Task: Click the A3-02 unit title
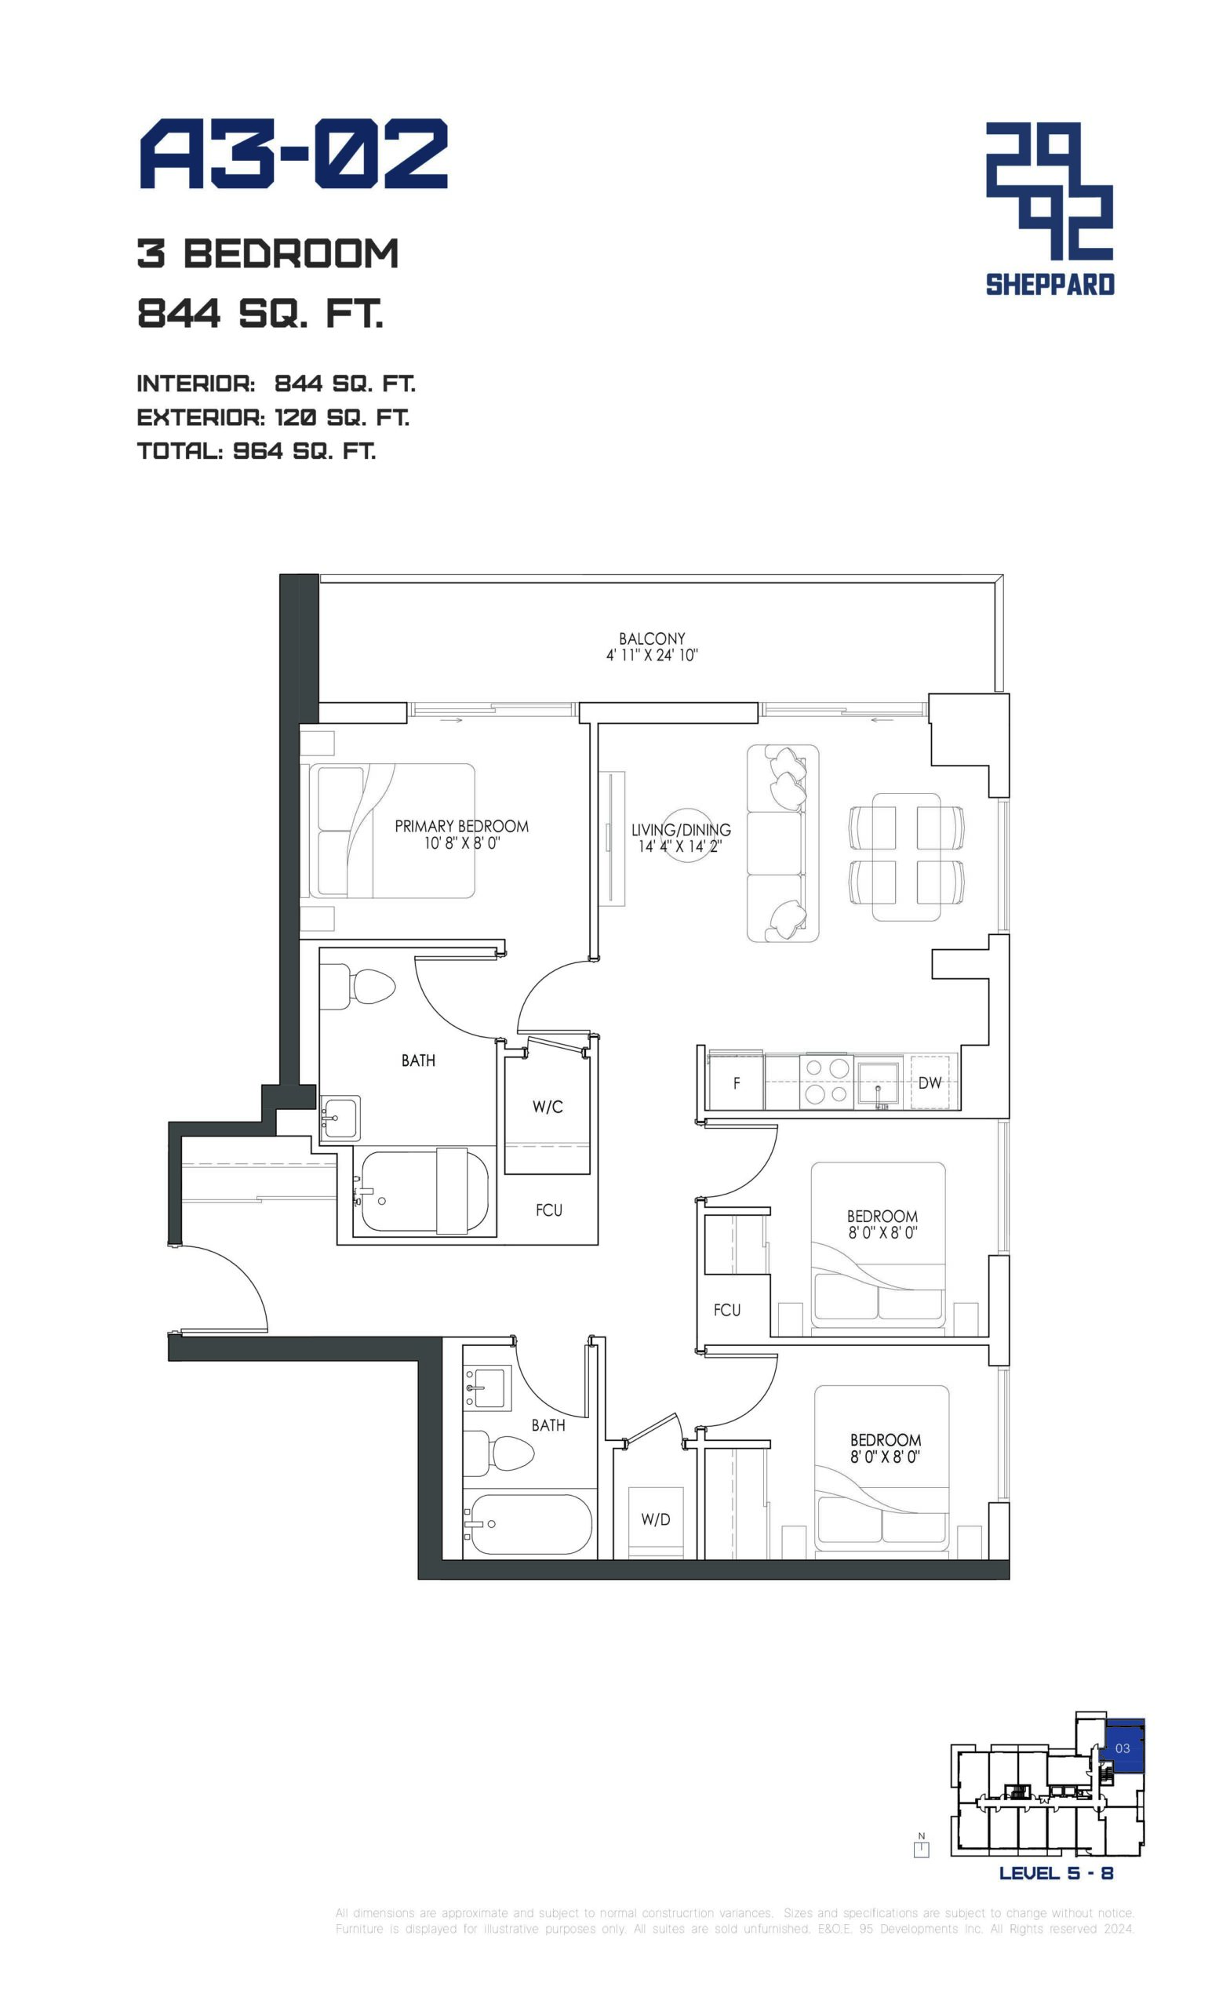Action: point(293,154)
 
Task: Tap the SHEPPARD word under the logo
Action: point(1050,285)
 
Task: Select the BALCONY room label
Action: point(651,639)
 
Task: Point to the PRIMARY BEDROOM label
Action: point(461,827)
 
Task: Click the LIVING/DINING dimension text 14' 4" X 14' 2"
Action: point(679,846)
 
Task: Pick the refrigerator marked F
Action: point(736,1082)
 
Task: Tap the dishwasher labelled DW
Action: point(929,1082)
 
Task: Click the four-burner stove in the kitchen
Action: point(827,1082)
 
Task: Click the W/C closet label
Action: point(548,1107)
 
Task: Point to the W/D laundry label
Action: point(655,1519)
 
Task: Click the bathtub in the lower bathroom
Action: point(527,1524)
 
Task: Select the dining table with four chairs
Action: point(906,857)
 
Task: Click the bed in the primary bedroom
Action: point(392,831)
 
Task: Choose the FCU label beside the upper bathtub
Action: point(548,1210)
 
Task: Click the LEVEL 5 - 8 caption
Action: point(1056,1873)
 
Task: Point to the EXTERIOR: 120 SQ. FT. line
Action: point(273,417)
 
